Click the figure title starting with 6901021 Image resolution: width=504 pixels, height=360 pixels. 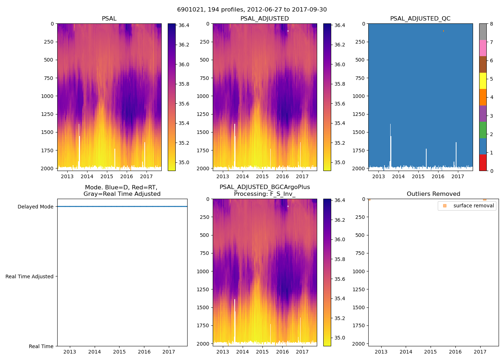coord(252,10)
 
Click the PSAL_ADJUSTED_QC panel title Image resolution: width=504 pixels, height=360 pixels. coord(420,19)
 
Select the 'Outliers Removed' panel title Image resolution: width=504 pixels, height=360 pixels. coord(433,194)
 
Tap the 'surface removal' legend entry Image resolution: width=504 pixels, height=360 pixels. coord(473,206)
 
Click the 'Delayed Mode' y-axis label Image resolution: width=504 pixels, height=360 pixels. coord(35,207)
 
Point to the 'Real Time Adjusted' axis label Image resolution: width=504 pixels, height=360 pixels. coord(30,277)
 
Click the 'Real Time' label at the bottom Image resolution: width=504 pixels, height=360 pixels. coord(41,346)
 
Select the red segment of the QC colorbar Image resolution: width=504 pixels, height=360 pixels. coord(483,163)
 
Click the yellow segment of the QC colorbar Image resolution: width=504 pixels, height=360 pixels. coord(483,81)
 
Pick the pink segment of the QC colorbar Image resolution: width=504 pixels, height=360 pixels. coord(483,48)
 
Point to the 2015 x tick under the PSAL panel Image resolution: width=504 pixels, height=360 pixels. coord(107,176)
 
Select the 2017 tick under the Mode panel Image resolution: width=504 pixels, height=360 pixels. coord(169,352)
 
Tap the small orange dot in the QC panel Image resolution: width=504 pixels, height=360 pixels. coord(444,31)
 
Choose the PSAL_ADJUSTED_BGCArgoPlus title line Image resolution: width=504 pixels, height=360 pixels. coord(265,187)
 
